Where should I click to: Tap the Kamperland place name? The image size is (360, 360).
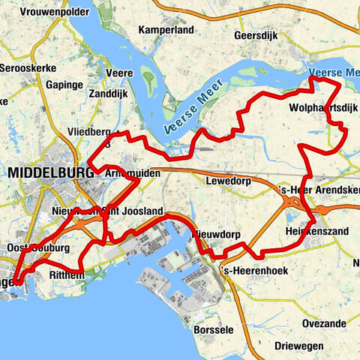[x=166, y=30]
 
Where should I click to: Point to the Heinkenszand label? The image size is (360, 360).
[x=316, y=232]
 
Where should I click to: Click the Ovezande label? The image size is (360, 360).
[x=325, y=324]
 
